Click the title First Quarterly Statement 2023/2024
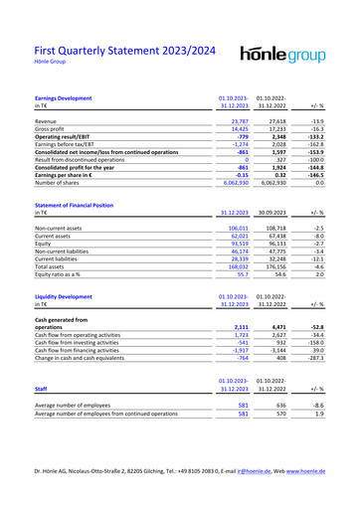point(124,51)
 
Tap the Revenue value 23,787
point(236,120)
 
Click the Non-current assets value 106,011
point(235,228)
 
